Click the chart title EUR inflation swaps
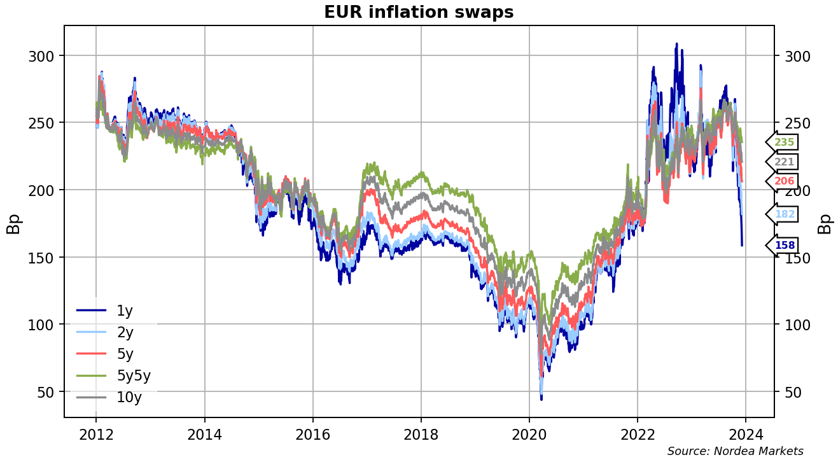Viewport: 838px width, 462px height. pyautogui.click(x=419, y=12)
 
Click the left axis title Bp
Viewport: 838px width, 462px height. pyautogui.click(x=13, y=223)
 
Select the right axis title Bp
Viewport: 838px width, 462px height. pyautogui.click(x=825, y=223)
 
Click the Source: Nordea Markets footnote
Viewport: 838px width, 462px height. pyautogui.click(x=735, y=451)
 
